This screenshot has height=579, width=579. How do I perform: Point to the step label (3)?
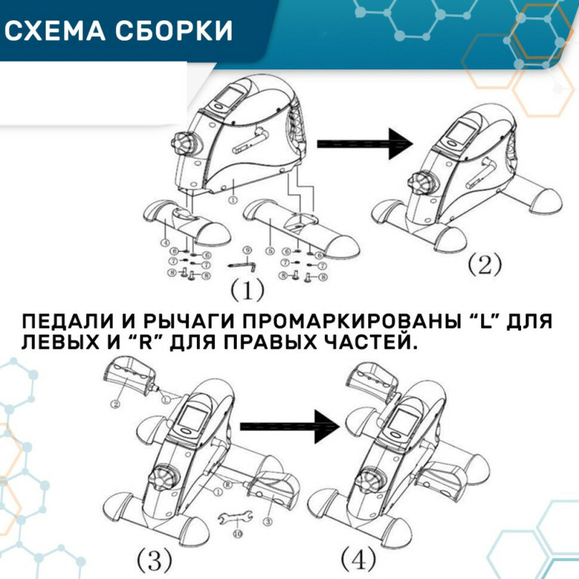pos(155,559)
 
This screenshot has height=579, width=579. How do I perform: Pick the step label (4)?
pos(359,559)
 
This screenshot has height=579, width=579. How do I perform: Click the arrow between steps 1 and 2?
pos(364,144)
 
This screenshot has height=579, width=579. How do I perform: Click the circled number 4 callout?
pos(165,242)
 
